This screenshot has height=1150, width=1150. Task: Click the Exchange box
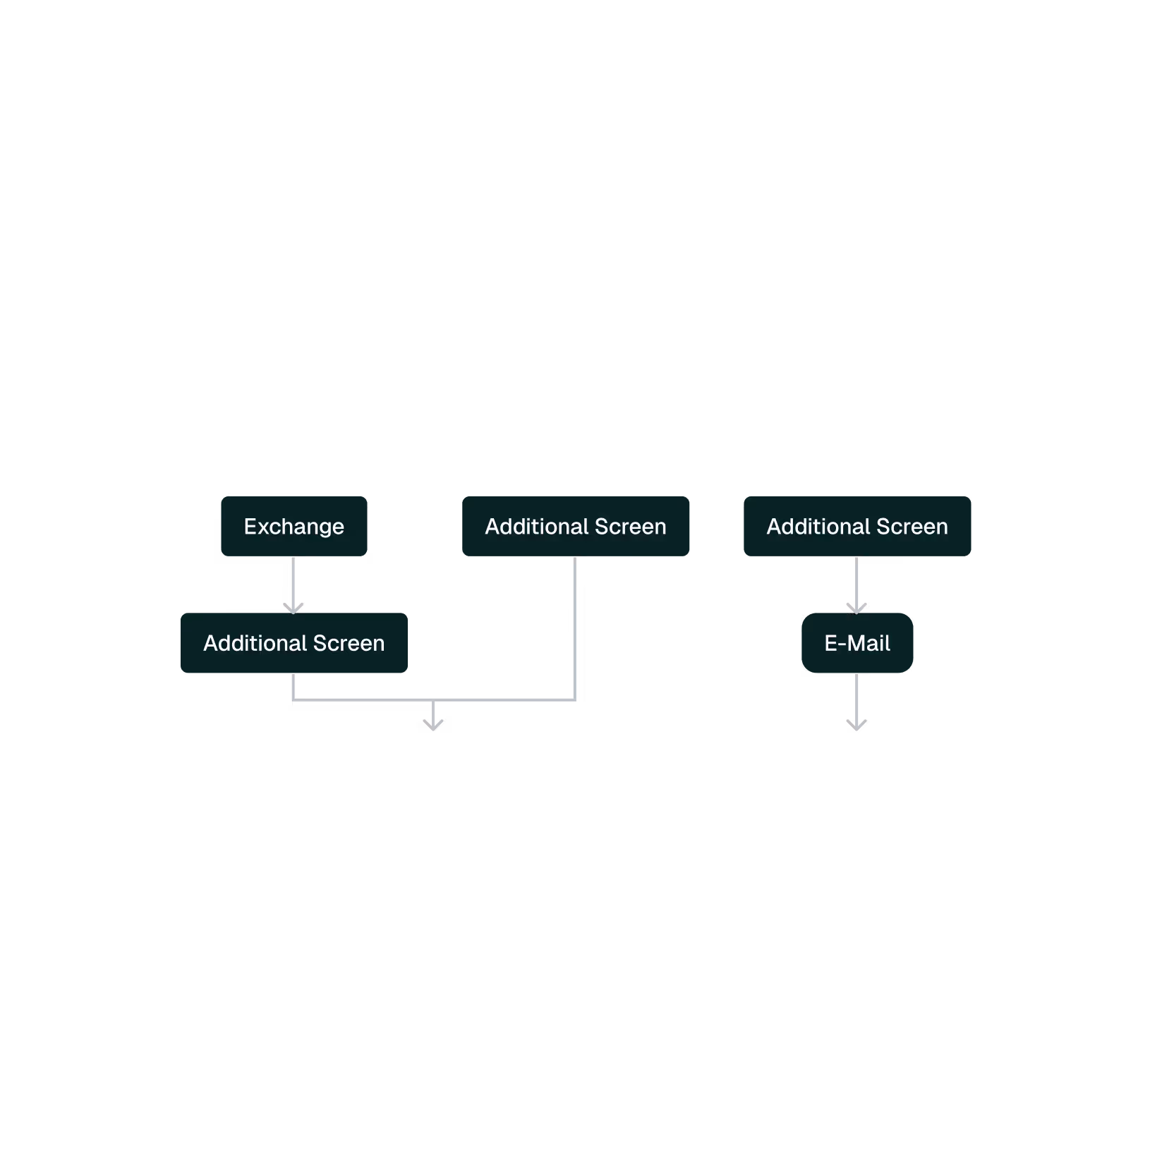pyautogui.click(x=293, y=526)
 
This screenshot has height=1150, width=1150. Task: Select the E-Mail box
pyautogui.click(x=857, y=643)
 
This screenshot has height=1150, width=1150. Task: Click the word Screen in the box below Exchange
pyautogui.click(x=349, y=643)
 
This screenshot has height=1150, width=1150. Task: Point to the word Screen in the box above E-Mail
pyautogui.click(x=912, y=527)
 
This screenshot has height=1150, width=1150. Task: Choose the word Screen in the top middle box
pyautogui.click(x=631, y=527)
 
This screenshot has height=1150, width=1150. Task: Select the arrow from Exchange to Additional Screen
pyautogui.click(x=293, y=585)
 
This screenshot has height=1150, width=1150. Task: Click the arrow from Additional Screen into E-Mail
pyautogui.click(x=857, y=585)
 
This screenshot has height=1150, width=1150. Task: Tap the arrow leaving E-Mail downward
pyautogui.click(x=857, y=702)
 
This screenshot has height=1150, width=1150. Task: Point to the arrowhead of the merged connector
pyautogui.click(x=433, y=725)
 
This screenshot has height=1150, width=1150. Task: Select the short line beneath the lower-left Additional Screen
pyautogui.click(x=293, y=686)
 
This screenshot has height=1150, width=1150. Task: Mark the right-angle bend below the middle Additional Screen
pyautogui.click(x=575, y=699)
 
